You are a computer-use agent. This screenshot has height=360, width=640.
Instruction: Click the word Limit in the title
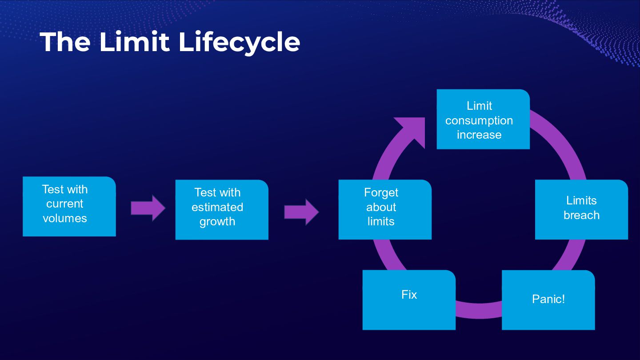click(x=134, y=42)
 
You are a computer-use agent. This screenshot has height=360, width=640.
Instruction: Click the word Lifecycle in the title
click(x=239, y=43)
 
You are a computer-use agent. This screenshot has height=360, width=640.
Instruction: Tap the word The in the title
click(x=65, y=42)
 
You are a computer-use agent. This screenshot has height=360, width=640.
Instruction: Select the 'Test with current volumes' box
click(x=69, y=206)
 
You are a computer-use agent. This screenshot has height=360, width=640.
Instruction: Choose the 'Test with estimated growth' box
click(x=222, y=210)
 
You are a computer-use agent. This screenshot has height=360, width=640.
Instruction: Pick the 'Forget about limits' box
click(x=385, y=210)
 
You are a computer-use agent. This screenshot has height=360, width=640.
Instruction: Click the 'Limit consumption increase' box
click(x=483, y=119)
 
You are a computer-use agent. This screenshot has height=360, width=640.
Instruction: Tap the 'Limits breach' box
click(x=581, y=209)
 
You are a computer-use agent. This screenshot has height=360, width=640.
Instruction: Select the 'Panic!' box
click(x=548, y=300)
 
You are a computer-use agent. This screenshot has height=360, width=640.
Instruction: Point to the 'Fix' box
click(x=409, y=300)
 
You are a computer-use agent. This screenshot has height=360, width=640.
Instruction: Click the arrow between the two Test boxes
click(x=148, y=208)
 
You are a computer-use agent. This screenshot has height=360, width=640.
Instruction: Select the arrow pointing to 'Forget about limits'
click(x=301, y=212)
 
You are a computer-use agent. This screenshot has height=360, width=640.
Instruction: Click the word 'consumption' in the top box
click(x=479, y=120)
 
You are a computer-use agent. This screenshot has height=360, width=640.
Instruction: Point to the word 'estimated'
click(x=217, y=207)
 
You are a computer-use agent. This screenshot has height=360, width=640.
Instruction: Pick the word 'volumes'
click(x=65, y=218)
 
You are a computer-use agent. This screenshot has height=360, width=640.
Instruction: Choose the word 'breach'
click(x=581, y=215)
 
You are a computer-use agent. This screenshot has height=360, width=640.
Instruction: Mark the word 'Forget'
click(x=381, y=192)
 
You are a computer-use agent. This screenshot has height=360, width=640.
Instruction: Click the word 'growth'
click(x=217, y=222)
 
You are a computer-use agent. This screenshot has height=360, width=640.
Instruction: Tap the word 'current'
click(x=65, y=204)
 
